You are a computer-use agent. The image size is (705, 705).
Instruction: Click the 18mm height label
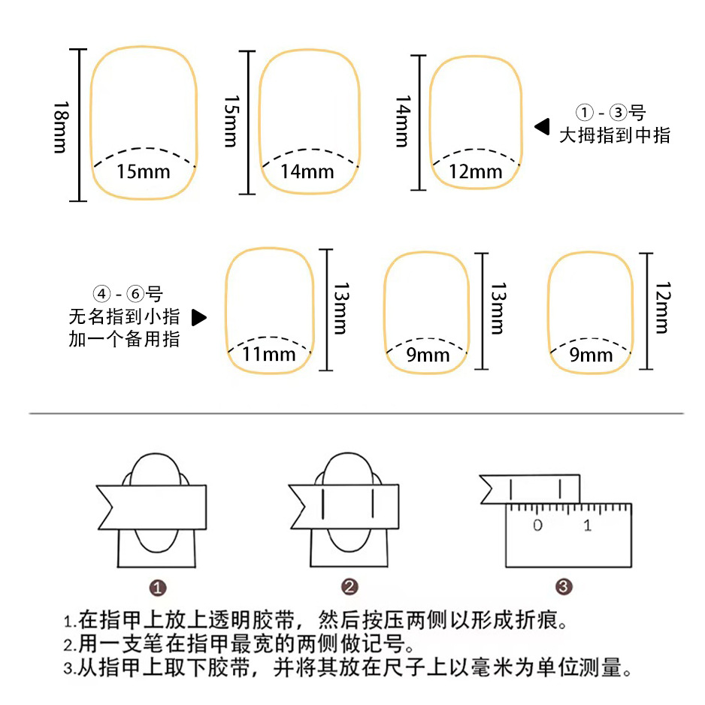(x=61, y=126)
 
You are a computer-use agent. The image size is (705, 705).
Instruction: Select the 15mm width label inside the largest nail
(x=143, y=171)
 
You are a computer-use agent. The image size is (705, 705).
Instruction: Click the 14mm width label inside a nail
(x=307, y=171)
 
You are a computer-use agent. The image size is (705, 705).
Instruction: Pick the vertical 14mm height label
(x=403, y=121)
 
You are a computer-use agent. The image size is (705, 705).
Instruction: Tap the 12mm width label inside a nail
(x=475, y=172)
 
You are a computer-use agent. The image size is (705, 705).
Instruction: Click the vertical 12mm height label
(x=662, y=307)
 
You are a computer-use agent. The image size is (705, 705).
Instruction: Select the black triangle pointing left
(x=542, y=126)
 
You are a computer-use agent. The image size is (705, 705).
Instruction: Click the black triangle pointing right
(x=198, y=317)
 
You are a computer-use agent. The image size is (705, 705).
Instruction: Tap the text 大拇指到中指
(x=614, y=135)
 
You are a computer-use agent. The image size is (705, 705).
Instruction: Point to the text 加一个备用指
(x=124, y=338)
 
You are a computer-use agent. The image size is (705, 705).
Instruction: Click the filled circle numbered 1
(x=159, y=588)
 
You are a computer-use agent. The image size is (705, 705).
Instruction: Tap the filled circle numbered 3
(x=564, y=588)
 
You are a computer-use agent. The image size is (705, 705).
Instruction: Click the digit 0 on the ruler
(x=537, y=525)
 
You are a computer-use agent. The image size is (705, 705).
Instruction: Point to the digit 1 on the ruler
(x=587, y=525)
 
